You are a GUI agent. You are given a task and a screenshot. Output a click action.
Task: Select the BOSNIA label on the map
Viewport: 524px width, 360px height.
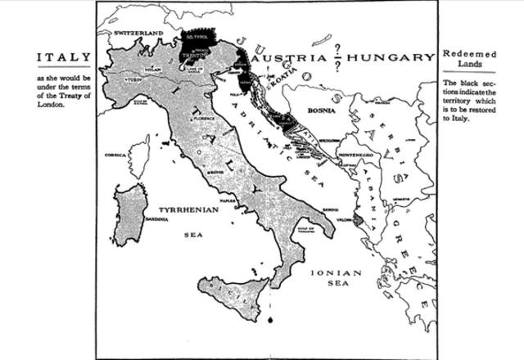(x=319, y=107)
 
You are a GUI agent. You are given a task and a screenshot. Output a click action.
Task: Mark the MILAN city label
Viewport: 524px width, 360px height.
(x=153, y=70)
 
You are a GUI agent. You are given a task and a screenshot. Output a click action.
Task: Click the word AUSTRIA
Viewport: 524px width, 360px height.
(x=291, y=59)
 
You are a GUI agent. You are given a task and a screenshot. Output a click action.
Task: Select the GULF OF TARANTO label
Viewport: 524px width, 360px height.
(x=304, y=230)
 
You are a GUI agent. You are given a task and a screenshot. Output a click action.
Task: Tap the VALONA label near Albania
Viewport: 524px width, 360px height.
(x=341, y=219)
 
